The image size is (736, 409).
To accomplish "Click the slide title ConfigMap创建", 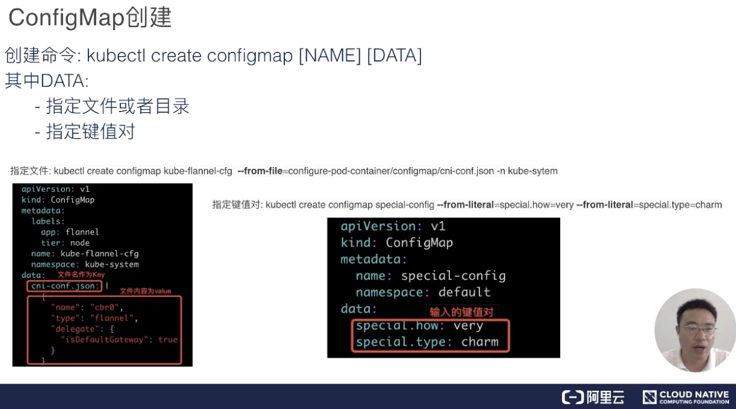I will point(90,18).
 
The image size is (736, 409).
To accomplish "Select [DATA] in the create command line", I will point(394,55).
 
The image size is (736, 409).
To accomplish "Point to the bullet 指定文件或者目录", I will point(117,106).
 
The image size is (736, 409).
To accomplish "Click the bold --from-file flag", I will point(259,171).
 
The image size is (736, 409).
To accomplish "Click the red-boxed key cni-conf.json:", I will point(64,286).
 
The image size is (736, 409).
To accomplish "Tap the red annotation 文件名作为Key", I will point(81,275).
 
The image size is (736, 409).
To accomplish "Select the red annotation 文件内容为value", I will point(145,291).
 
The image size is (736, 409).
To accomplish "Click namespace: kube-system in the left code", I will point(85,264).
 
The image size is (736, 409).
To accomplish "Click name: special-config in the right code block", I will point(431,276).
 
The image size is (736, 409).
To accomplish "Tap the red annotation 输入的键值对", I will point(461,312).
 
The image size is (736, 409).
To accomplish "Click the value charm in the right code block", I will point(479,342).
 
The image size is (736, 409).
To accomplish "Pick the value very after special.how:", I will point(468,325).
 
